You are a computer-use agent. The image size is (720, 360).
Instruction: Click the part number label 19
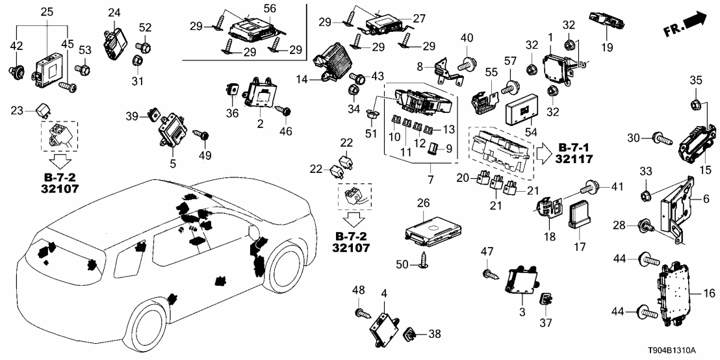click(x=606, y=47)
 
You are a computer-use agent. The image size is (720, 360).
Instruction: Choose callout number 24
click(x=114, y=12)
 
